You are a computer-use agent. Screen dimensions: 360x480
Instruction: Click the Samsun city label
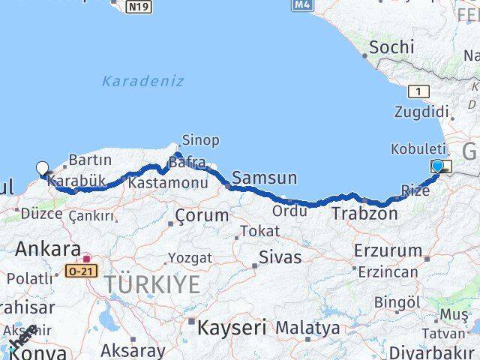pos(264,178)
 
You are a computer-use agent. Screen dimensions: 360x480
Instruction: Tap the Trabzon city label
pos(365,214)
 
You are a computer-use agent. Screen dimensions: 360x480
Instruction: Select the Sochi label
pos(391,47)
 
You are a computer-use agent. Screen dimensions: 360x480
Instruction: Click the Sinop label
pos(200,140)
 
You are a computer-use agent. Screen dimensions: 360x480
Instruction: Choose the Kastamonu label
pos(167,182)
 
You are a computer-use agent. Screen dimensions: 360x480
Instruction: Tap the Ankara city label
pos(48,249)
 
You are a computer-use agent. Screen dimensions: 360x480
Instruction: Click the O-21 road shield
pos(82,271)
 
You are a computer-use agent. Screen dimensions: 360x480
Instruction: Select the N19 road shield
pos(138,7)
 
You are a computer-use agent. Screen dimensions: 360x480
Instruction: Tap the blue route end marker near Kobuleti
pos(438,166)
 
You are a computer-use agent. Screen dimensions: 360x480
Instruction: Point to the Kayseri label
pos(232,327)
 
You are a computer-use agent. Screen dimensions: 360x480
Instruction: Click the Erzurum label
pos(388,250)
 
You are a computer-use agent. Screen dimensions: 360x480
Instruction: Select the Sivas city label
pos(280,257)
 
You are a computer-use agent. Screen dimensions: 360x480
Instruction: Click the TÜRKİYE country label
pos(152,284)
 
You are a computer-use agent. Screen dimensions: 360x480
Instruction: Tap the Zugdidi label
pos(421,112)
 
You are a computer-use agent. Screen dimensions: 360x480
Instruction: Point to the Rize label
pos(415,191)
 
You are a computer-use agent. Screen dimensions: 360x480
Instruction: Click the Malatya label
pos(307,328)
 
